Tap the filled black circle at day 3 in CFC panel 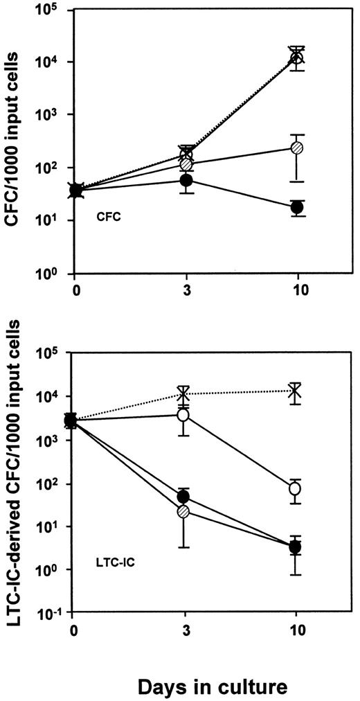point(186,180)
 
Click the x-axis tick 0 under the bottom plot point(73,630)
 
